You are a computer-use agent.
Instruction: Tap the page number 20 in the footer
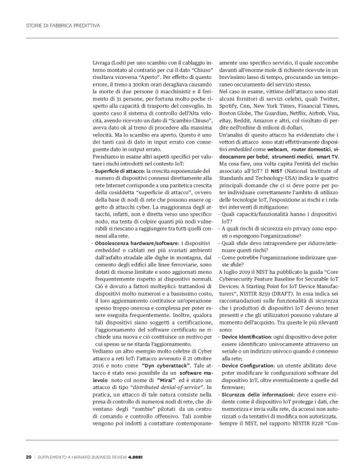tap(28, 455)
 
